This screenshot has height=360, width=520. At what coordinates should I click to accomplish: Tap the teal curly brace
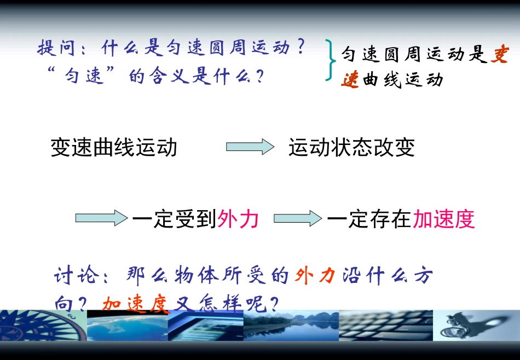(x=331, y=60)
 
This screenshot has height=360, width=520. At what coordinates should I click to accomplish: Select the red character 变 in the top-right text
(x=499, y=55)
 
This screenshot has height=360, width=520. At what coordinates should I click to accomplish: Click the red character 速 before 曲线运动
(x=350, y=80)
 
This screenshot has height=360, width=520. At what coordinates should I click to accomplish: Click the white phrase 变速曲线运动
(x=114, y=147)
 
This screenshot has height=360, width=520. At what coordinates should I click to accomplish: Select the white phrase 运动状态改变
(x=351, y=147)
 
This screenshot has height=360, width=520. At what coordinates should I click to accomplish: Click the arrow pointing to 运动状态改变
(x=250, y=147)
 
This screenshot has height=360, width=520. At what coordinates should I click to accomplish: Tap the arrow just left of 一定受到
(x=101, y=219)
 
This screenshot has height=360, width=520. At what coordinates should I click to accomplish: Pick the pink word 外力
(x=238, y=219)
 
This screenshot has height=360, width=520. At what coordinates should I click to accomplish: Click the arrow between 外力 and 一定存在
(x=297, y=219)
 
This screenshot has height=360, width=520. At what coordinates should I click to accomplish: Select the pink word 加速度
(x=443, y=219)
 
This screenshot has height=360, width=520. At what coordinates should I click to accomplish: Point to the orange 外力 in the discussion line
(x=315, y=276)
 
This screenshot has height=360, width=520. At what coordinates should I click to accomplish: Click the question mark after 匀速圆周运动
(x=299, y=48)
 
